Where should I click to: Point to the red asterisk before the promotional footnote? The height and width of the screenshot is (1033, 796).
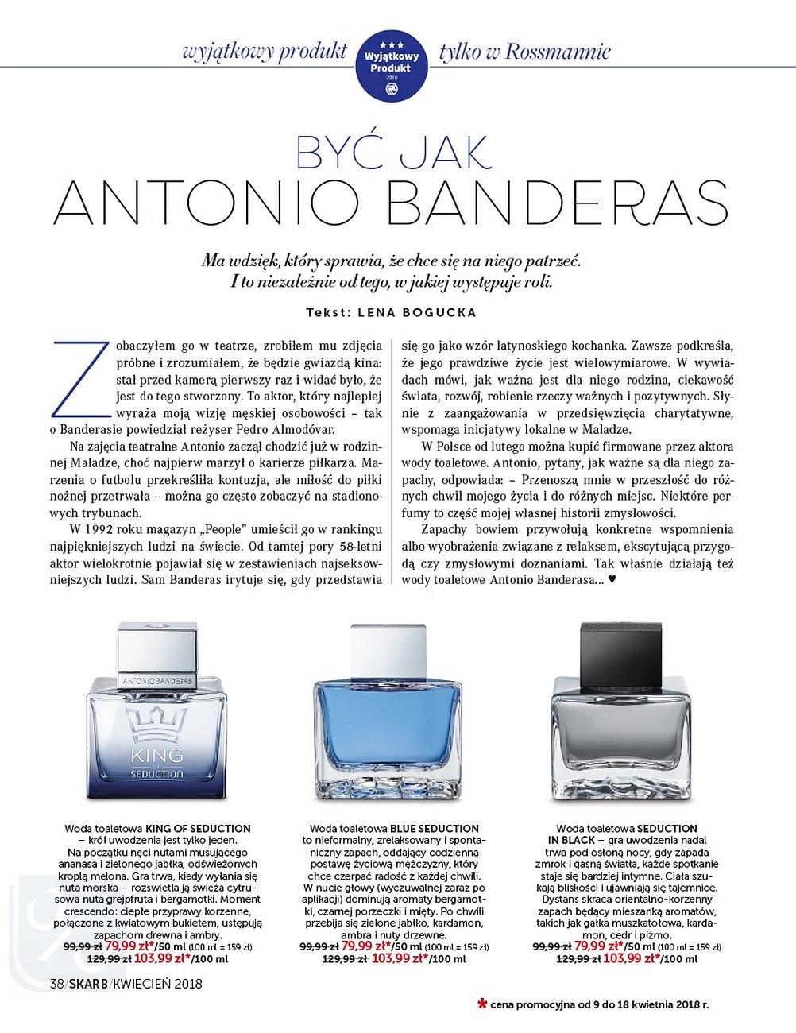click(481, 1002)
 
